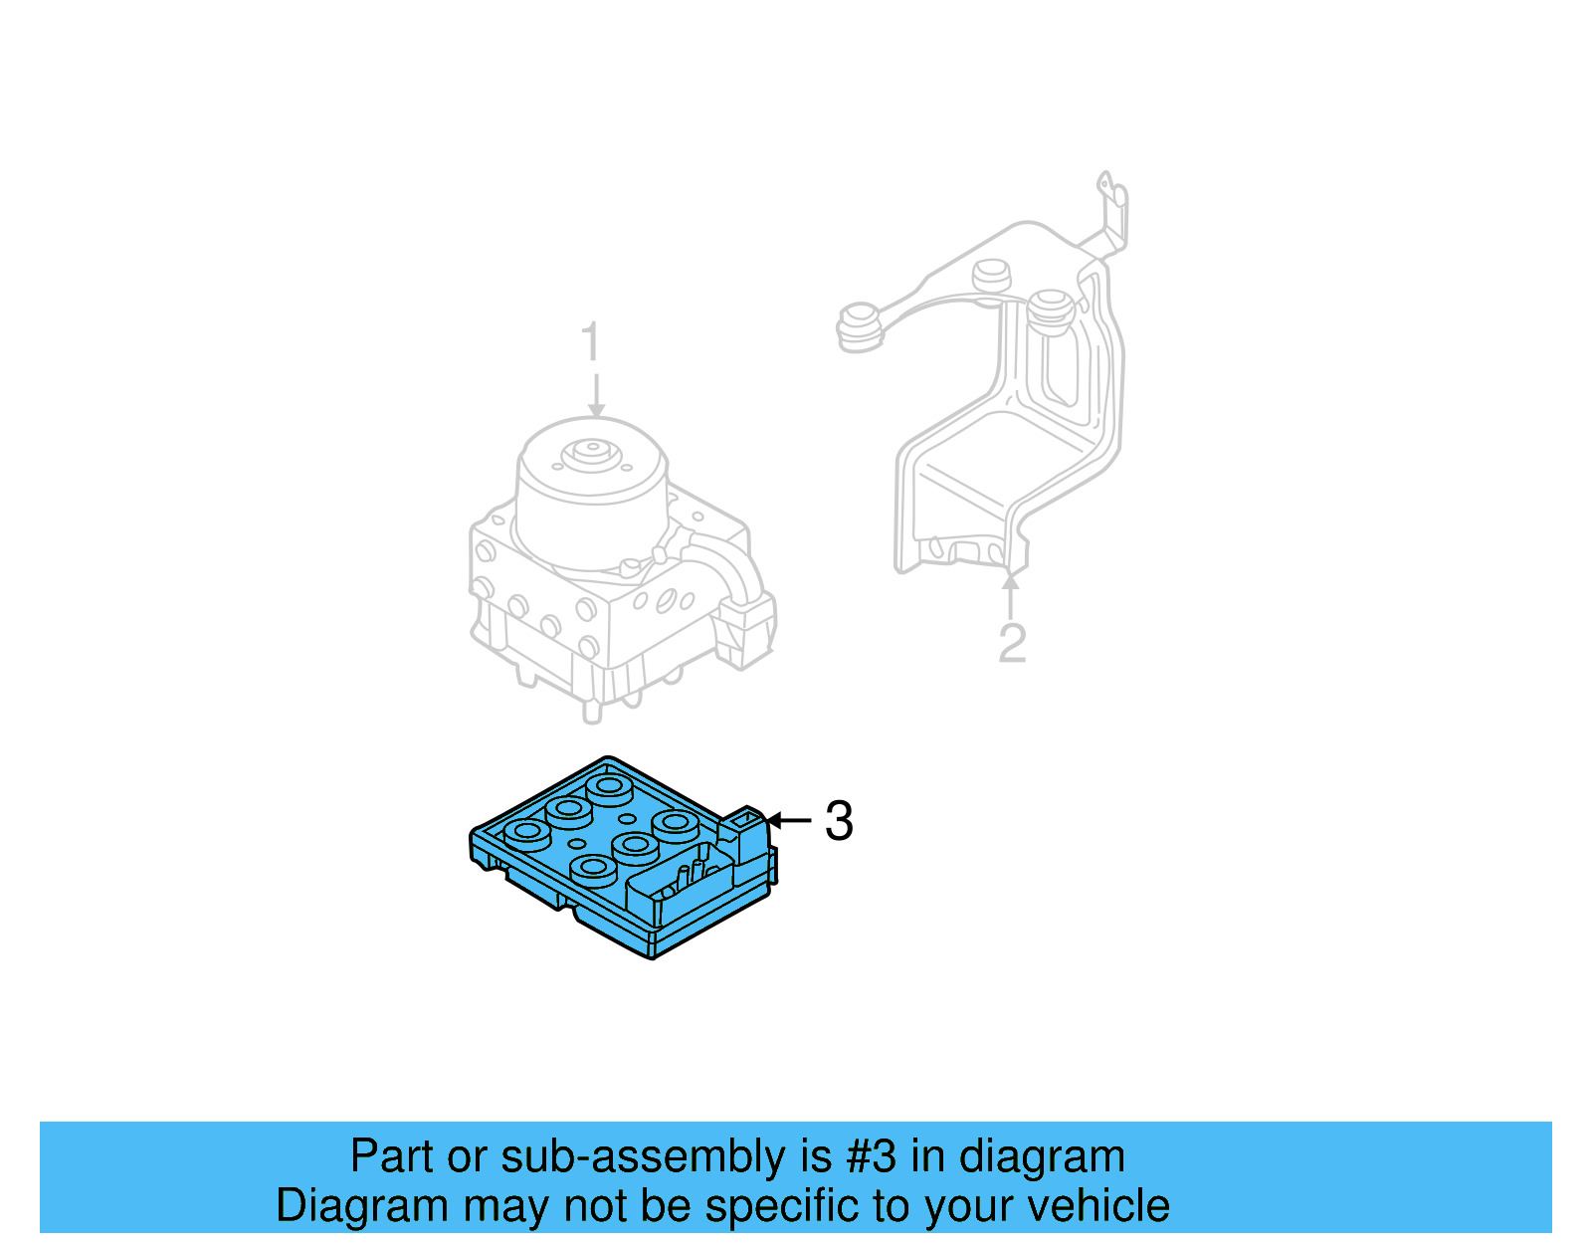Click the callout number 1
(591, 342)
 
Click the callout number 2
(1011, 643)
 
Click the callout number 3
(839, 821)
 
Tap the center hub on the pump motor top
(591, 451)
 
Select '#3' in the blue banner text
(871, 1156)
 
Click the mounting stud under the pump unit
(592, 710)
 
